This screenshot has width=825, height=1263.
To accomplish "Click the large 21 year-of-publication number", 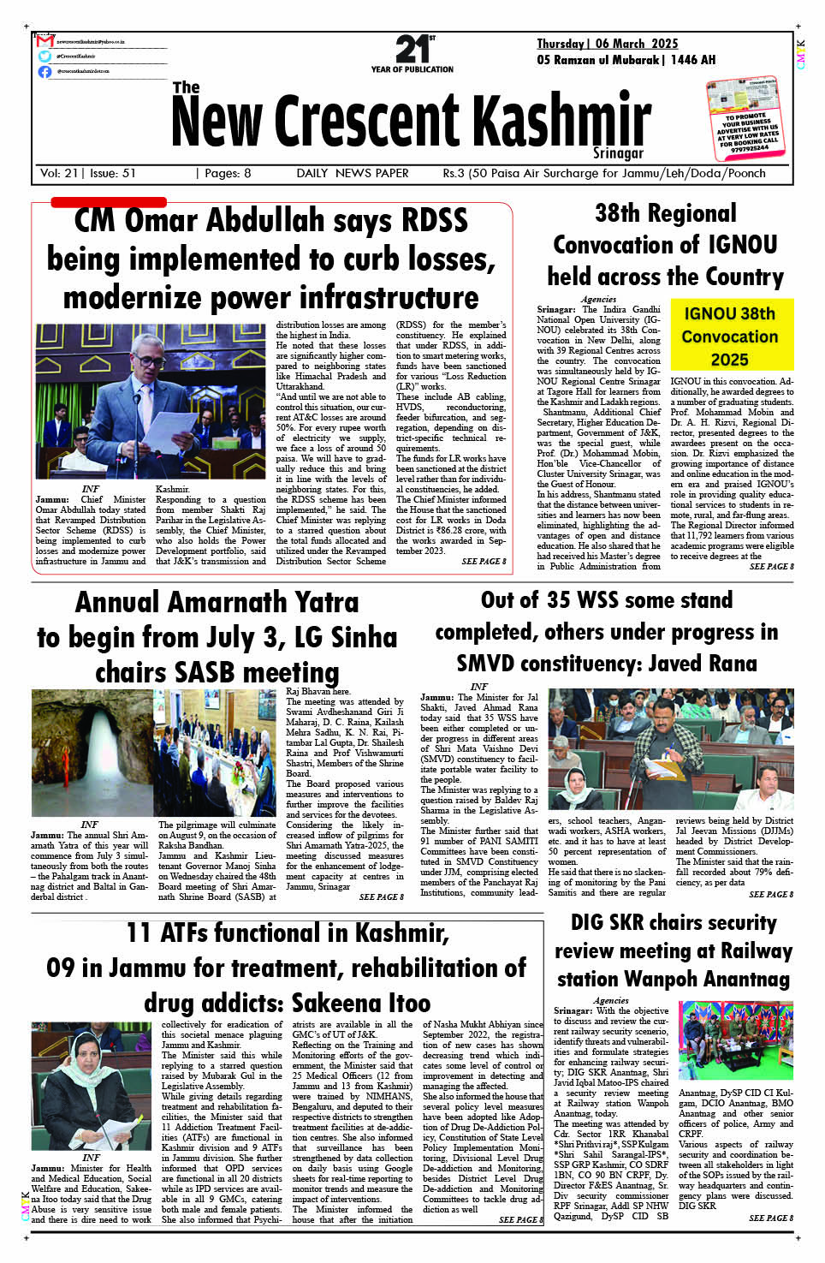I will click(x=412, y=49).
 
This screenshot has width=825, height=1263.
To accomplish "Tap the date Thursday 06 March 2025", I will click(x=607, y=44).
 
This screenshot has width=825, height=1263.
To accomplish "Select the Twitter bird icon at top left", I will click(x=45, y=56).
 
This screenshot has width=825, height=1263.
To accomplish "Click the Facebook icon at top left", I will click(x=45, y=71).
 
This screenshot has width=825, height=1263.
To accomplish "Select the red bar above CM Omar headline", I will click(x=108, y=202).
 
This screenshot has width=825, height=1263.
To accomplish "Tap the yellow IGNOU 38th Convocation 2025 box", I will click(x=729, y=337).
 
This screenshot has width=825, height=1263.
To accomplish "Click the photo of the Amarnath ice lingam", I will click(x=92, y=752).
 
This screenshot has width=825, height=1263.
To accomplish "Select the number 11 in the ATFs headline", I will click(x=139, y=932).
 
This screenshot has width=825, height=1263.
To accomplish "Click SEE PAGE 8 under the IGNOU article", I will click(x=771, y=567).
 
